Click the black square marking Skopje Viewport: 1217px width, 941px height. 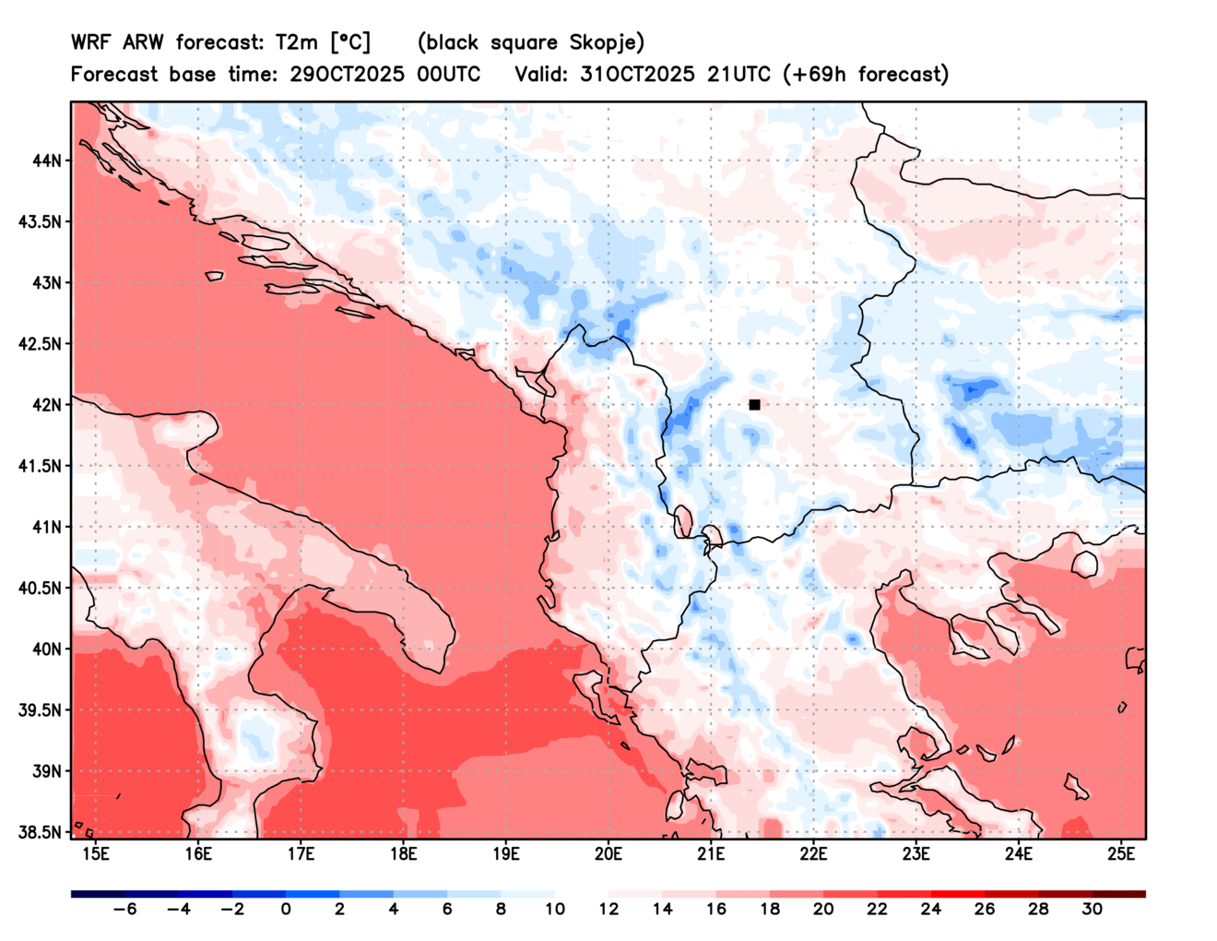tap(754, 405)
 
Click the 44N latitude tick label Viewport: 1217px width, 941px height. tap(47, 161)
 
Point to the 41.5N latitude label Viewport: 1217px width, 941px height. tap(41, 466)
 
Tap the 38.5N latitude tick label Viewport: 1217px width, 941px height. tap(41, 832)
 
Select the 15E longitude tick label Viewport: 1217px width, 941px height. tap(96, 854)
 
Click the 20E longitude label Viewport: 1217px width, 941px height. tap(608, 854)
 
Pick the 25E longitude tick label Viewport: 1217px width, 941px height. tap(1120, 854)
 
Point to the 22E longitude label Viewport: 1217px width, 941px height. tap(813, 854)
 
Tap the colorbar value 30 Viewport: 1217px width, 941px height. tap(1092, 910)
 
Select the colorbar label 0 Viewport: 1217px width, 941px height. tap(286, 910)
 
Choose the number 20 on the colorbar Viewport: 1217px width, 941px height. tap(823, 910)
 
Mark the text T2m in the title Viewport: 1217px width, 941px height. tap(297, 42)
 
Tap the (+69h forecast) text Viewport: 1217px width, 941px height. tap(865, 75)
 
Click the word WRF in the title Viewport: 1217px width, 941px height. tap(90, 42)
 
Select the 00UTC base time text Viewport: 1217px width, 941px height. tap(448, 75)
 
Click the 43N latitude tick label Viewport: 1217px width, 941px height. tap(47, 282)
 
